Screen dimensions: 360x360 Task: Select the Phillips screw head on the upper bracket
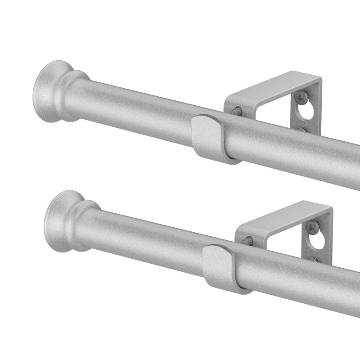coord(299,96)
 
